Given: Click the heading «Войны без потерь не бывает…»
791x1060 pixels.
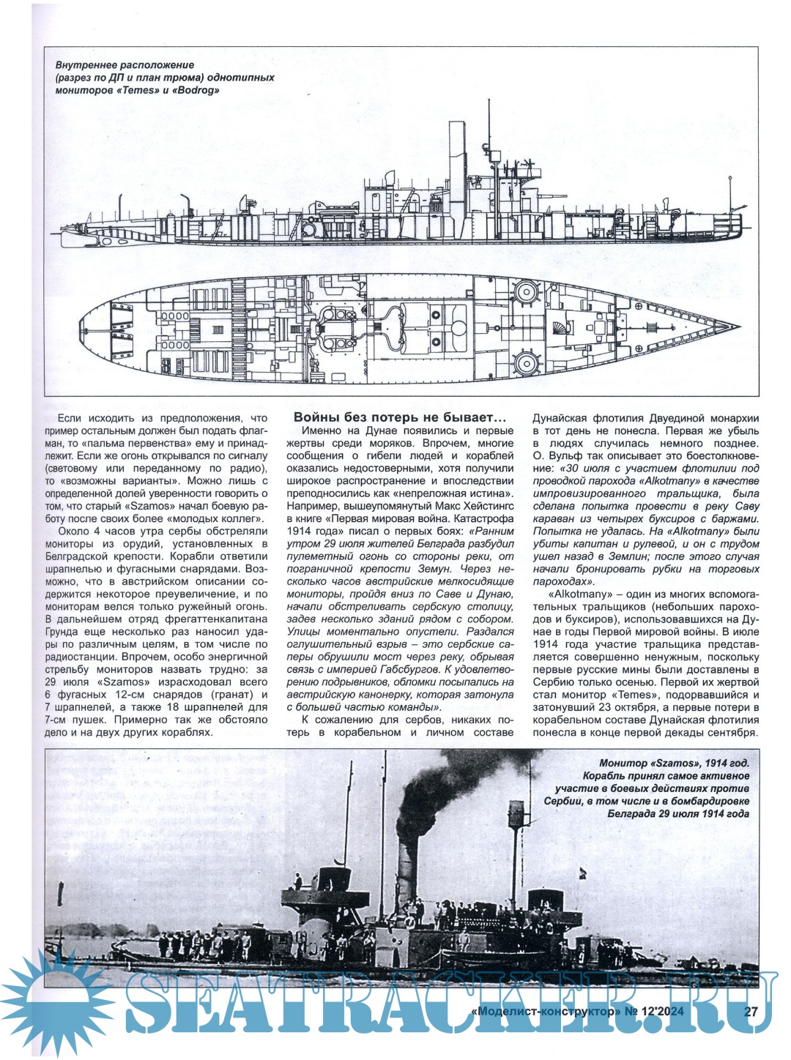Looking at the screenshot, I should point(399,417).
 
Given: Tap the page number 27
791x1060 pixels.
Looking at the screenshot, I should point(750,1012).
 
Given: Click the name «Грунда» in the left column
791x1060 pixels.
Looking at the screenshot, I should point(73,632).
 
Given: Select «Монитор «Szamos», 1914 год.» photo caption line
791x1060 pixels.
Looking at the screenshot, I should point(674,763).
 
